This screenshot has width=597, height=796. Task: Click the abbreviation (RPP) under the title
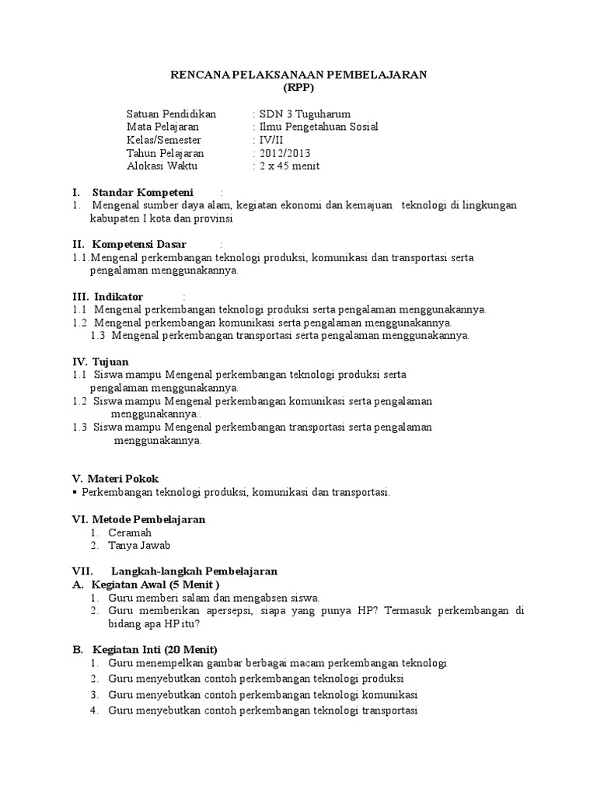pyautogui.click(x=298, y=87)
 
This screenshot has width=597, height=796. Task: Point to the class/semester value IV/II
pyautogui.click(x=268, y=140)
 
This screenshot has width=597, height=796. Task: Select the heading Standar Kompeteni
pyautogui.click(x=142, y=192)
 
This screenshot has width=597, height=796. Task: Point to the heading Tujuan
pyautogui.click(x=111, y=361)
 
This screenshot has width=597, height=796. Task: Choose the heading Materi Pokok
pyautogui.click(x=125, y=479)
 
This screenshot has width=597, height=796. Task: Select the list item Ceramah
pyautogui.click(x=130, y=532)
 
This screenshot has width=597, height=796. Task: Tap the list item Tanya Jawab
pyautogui.click(x=139, y=546)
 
